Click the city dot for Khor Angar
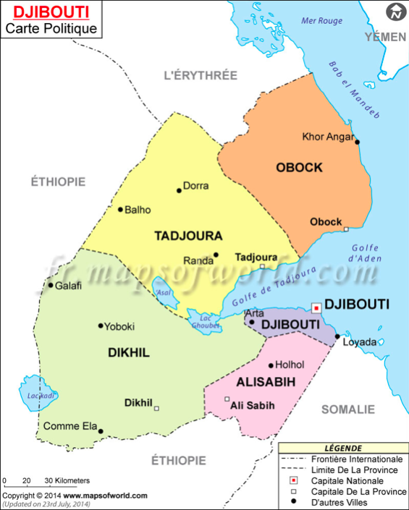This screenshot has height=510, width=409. click(x=357, y=142)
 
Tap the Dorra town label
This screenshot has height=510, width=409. click(x=195, y=186)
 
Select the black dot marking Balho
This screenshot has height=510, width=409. click(x=120, y=210)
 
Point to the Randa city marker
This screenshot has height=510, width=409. click(x=216, y=255)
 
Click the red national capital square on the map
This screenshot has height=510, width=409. click(x=316, y=307)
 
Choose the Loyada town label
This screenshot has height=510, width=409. click(x=359, y=341)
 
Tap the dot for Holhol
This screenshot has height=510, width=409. click(x=271, y=365)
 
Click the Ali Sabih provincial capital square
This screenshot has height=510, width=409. click(x=227, y=399)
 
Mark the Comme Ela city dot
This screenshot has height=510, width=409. click(x=101, y=432)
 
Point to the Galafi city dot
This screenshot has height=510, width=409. click(x=51, y=285)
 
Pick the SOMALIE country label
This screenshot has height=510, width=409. click(x=347, y=409)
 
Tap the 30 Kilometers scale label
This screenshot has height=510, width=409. click(x=67, y=480)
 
